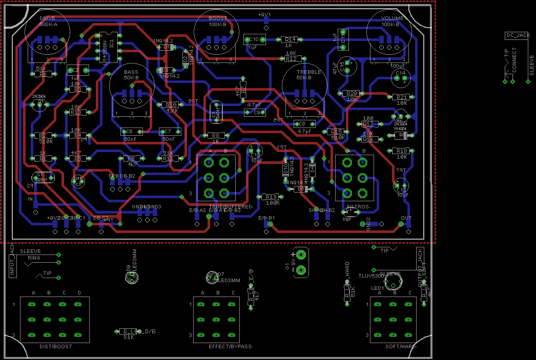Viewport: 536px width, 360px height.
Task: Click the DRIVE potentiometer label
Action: [x=47, y=18]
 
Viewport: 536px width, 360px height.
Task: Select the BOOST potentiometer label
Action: [x=218, y=18]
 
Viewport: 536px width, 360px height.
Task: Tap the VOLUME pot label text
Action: [x=393, y=18]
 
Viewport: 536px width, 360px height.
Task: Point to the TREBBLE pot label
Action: [x=309, y=72]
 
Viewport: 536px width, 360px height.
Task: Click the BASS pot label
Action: [x=131, y=72]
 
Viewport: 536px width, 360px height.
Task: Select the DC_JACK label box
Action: [x=518, y=35]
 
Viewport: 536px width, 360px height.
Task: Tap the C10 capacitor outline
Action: [x=254, y=39]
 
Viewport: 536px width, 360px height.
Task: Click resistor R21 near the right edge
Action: [x=401, y=97]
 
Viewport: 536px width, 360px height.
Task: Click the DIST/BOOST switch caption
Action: [x=55, y=347]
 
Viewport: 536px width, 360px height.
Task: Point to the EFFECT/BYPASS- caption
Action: [x=231, y=347]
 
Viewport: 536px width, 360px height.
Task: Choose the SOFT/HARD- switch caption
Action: [x=401, y=347]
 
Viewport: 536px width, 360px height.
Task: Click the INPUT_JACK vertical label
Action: [x=13, y=261]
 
